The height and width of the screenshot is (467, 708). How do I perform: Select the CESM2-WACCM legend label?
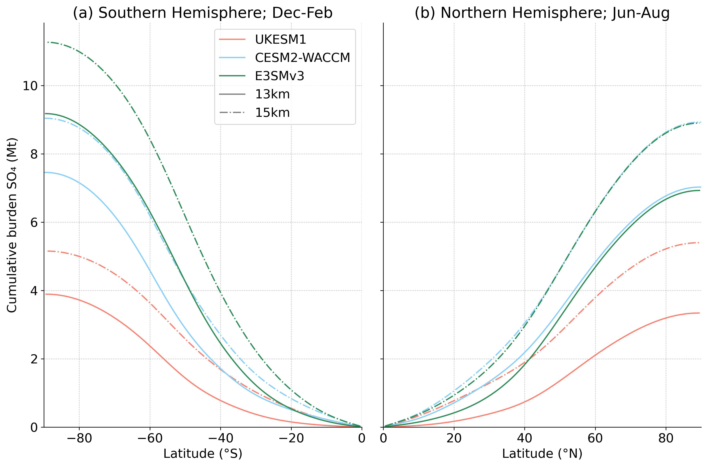click(302, 58)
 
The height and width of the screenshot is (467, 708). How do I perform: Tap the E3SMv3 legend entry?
click(279, 76)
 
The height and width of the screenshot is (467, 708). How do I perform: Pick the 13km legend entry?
click(272, 94)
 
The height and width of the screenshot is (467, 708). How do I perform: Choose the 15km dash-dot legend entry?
click(272, 113)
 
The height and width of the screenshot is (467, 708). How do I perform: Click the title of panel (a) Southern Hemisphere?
click(203, 13)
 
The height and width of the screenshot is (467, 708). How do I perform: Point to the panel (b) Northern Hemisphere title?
click(542, 13)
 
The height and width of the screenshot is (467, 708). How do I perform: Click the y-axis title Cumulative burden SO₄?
click(12, 225)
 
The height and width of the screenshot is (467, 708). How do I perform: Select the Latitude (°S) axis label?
click(203, 454)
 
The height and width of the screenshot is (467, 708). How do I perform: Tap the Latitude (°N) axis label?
click(542, 454)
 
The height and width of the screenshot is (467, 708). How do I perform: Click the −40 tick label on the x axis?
click(220, 438)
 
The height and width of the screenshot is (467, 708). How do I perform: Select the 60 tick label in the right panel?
click(595, 438)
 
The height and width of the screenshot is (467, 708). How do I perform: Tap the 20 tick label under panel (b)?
click(454, 438)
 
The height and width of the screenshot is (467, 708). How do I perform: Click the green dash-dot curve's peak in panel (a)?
click(48, 42)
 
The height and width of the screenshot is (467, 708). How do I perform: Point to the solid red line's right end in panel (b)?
click(699, 313)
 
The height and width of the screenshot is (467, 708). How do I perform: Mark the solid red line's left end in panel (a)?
click(45, 294)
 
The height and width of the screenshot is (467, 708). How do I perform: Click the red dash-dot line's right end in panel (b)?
click(699, 243)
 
